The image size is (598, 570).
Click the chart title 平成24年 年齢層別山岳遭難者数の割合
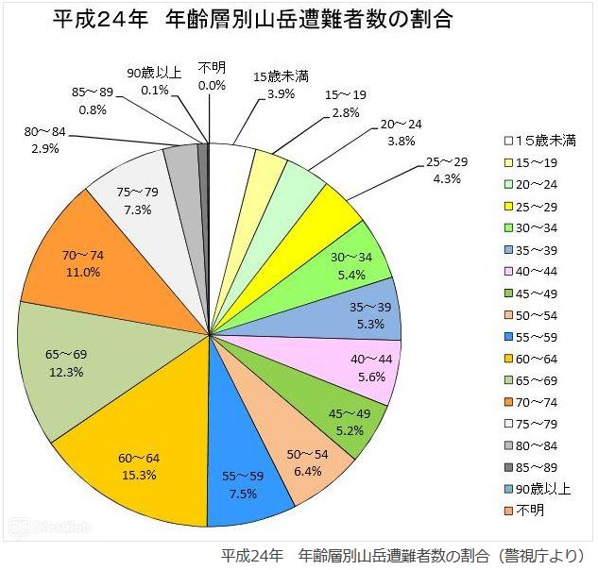252,20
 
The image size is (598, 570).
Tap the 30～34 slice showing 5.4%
350,265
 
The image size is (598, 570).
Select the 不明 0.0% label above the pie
212,75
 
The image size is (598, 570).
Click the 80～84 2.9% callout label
46,141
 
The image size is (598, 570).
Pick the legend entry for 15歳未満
544,141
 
